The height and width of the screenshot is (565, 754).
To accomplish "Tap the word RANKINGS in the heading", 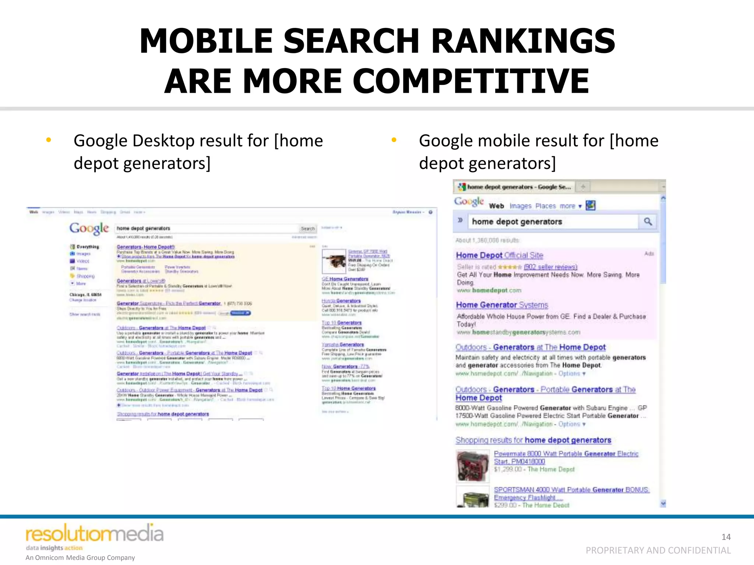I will coord(523,41).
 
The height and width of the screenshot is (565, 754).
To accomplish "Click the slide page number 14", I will coord(726,537).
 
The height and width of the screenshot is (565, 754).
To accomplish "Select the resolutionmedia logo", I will coord(94,534).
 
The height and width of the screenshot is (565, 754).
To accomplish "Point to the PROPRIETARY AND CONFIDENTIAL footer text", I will coord(658,550).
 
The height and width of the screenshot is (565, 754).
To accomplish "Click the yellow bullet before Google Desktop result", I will coord(48,140).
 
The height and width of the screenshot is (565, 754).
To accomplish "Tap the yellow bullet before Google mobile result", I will coord(394,140).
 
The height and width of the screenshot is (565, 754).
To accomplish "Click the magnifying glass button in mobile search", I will coord(648,221).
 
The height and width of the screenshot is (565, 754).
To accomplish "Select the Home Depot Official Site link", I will coord(499,255).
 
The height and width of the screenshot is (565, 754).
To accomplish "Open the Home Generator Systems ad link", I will coord(502,305).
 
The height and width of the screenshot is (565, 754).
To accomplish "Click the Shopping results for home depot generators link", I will coord(533,440).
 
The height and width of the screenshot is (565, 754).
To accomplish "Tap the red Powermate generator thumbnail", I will coord(473,466).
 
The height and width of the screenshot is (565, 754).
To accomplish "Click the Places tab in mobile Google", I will coord(545,206).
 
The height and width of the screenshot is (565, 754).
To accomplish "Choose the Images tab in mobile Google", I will coord(520,206).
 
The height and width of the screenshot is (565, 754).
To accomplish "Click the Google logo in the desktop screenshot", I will coord(89,228).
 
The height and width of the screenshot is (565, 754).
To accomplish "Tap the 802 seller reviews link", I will coord(550,267).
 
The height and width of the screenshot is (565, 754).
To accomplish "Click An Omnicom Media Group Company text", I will coord(80,558).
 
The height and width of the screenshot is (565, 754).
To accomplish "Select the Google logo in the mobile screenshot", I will coord(469,202).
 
